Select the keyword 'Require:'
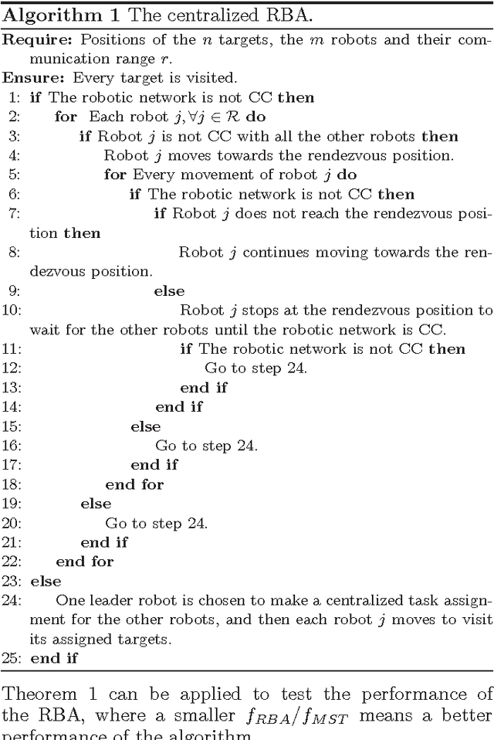point(31,40)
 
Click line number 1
point(15,98)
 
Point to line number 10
point(12,311)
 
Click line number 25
point(12,658)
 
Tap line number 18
point(12,484)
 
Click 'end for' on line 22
point(85,562)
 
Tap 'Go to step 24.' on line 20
point(157,523)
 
